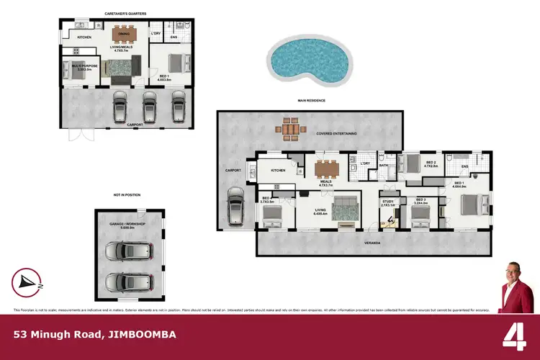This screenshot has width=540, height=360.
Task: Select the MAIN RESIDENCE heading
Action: click(x=311, y=101)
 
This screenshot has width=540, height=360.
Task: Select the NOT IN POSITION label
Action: click(x=126, y=194)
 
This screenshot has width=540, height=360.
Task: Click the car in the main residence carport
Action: click(x=237, y=208)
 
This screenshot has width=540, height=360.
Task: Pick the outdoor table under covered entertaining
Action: click(x=290, y=129)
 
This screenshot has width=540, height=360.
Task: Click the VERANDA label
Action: click(x=372, y=243)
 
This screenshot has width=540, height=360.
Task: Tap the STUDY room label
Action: click(x=388, y=201)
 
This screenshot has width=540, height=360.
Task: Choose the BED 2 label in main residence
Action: click(x=431, y=163)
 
